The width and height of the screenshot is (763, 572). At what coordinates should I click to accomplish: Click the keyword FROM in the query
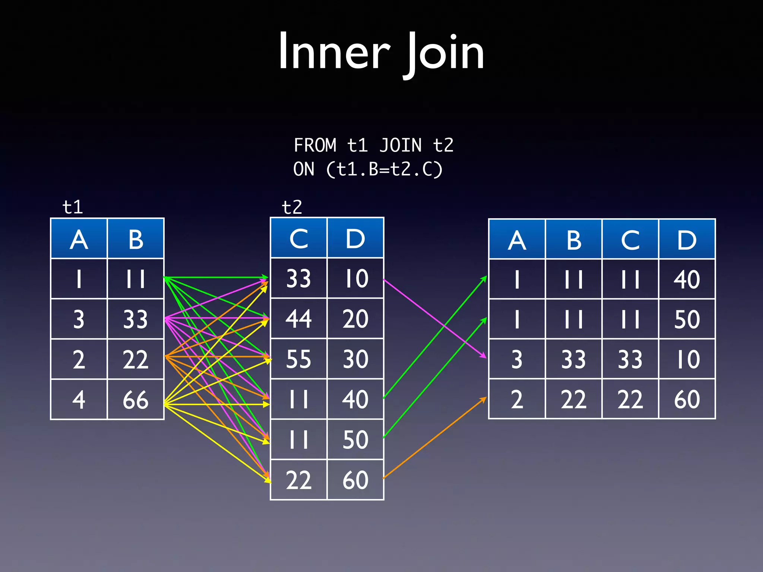315,145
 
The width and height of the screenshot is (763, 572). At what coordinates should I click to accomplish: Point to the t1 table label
73,207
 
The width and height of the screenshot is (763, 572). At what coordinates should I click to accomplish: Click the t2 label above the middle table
292,207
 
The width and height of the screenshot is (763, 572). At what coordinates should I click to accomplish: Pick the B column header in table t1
136,239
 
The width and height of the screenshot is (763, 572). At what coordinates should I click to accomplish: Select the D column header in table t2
355,238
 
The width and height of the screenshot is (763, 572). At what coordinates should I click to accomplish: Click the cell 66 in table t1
136,400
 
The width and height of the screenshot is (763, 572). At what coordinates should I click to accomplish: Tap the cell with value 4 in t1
79,400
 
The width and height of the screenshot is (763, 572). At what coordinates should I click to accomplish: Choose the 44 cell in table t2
298,319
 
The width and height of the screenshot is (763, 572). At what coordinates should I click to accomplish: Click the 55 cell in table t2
298,359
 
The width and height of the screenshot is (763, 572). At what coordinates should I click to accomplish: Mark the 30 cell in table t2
355,359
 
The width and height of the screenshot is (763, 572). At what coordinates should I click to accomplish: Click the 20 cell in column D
355,319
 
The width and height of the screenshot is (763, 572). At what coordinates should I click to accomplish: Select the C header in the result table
630,240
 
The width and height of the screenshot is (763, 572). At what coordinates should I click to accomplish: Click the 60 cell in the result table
687,399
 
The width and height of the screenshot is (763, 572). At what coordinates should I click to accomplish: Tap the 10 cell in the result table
687,359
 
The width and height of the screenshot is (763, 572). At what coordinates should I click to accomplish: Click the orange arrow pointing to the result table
434,438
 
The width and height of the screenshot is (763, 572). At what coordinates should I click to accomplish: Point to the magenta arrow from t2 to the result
434,318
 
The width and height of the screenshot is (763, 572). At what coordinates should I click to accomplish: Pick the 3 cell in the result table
517,359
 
